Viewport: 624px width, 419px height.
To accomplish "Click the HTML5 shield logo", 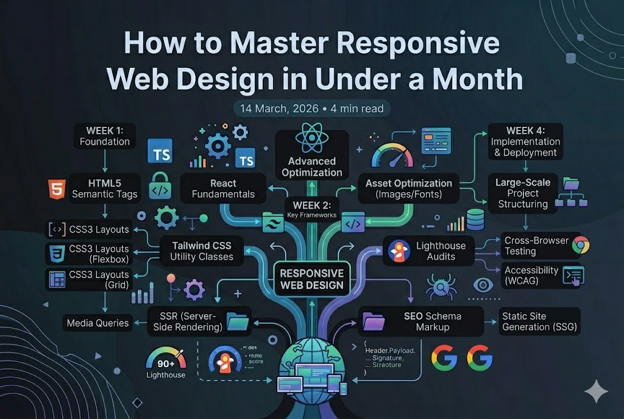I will (55, 190).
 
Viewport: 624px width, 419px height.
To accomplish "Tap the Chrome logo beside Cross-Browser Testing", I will (581, 245).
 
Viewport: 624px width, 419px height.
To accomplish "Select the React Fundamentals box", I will (224, 188).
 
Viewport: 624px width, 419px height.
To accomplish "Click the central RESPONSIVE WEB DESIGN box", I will (311, 279).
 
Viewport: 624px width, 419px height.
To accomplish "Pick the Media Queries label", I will (97, 323).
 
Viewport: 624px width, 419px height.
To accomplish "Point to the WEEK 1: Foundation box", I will (104, 136).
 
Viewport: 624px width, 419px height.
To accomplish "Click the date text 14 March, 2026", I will (279, 109).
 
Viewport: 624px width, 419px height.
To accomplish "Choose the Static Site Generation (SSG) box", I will (539, 321).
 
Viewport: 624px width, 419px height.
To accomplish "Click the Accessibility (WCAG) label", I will (531, 276).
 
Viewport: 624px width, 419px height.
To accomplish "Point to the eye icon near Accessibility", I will (484, 285).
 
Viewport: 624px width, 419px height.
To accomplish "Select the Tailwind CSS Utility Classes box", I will (201, 251).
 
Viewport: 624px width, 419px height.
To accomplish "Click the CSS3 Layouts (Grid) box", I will (90, 280).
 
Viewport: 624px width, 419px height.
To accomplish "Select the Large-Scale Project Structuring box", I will (523, 193).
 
